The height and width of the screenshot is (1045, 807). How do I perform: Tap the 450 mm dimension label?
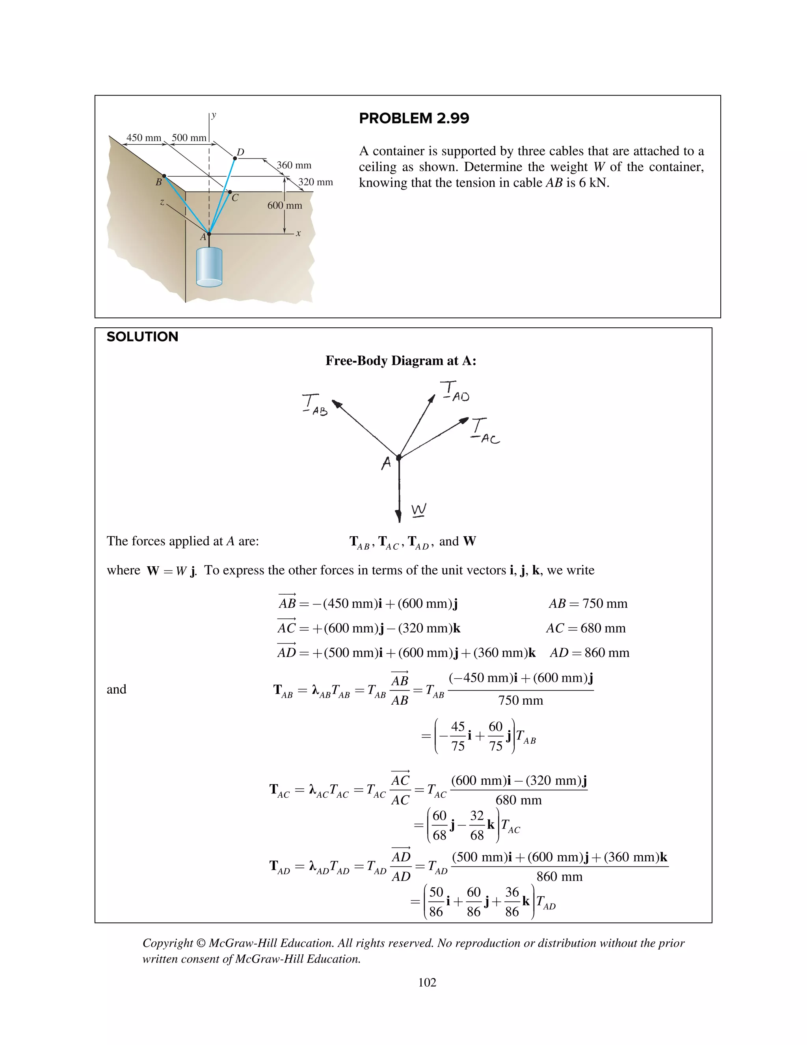[x=143, y=138]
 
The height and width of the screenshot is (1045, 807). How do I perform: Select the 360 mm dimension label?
[x=294, y=165]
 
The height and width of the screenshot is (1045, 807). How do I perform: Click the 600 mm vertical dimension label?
[x=284, y=205]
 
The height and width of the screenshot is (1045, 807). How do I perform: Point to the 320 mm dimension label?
[x=316, y=182]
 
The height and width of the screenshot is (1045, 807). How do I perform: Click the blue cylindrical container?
[x=209, y=267]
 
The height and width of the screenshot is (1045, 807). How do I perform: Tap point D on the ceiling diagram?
[x=235, y=158]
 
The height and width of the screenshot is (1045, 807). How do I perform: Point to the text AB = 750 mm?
[x=588, y=603]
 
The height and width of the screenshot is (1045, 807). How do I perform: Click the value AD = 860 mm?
[x=589, y=653]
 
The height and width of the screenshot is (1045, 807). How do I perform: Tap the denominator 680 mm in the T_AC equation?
[x=518, y=800]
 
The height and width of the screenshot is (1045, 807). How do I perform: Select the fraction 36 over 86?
[x=511, y=901]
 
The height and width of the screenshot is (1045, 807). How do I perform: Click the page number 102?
[x=427, y=982]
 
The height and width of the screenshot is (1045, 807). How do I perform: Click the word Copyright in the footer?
[x=167, y=943]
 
